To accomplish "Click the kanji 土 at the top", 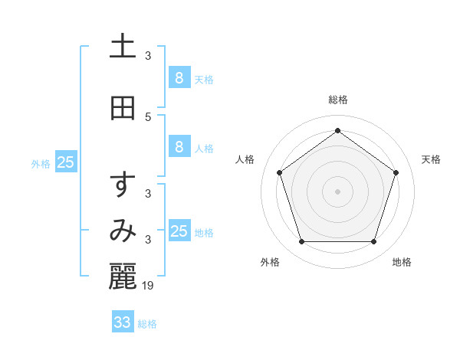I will [123, 46].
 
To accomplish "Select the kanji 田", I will [123, 109].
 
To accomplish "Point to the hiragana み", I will [123, 231].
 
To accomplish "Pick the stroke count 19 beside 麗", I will [149, 285].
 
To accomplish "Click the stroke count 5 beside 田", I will [148, 117].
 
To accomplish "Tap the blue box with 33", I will [123, 322].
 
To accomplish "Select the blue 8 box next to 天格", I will [179, 77].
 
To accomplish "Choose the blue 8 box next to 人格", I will [179, 147].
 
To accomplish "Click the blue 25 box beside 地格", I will [179, 231].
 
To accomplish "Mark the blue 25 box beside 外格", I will [66, 162].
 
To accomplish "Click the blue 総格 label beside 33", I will [147, 324].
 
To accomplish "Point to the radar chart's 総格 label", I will [338, 100].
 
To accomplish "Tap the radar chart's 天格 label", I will [431, 159].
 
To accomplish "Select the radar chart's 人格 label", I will [245, 159].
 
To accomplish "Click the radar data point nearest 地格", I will [373, 241].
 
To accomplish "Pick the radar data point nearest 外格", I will [301, 241].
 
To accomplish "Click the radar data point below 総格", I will [337, 130].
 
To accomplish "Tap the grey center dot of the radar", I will [337, 191].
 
